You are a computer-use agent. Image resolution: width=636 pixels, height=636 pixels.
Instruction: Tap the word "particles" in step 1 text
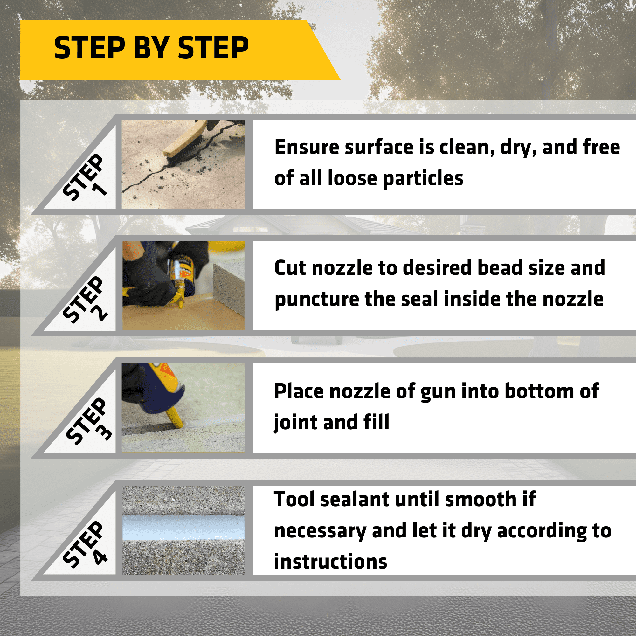coord(423,179)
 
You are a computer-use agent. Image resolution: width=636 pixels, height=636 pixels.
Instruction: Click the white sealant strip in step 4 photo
coord(183,528)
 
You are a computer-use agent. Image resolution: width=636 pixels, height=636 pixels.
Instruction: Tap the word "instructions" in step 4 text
coord(330,562)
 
